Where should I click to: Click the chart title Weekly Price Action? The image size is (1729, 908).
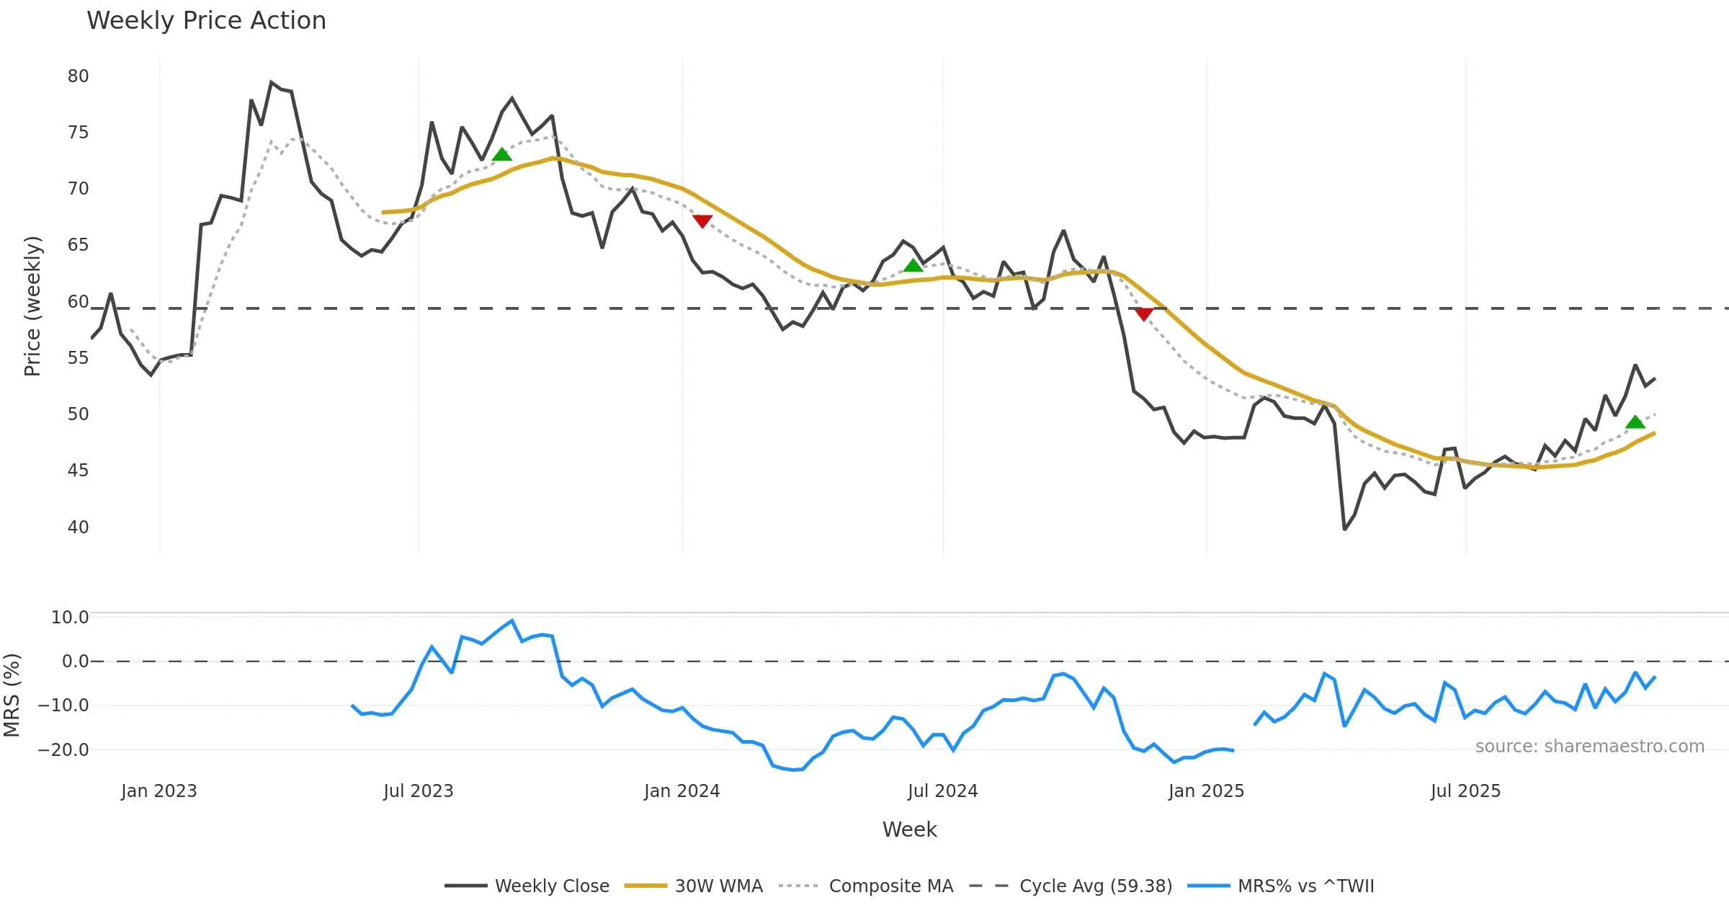pyautogui.click(x=206, y=21)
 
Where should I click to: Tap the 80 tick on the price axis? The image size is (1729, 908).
pyautogui.click(x=78, y=76)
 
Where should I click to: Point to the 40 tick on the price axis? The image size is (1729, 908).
pyautogui.click(x=78, y=528)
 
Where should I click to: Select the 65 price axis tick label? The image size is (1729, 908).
pyautogui.click(x=78, y=245)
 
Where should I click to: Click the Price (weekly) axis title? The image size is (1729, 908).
pyautogui.click(x=32, y=306)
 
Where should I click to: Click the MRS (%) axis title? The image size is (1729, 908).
pyautogui.click(x=12, y=695)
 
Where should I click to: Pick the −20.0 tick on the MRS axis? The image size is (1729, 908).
pyautogui.click(x=63, y=750)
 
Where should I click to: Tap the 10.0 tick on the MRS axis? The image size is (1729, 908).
pyautogui.click(x=70, y=618)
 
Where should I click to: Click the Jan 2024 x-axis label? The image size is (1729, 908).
pyautogui.click(x=682, y=791)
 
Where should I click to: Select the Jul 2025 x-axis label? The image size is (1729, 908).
pyautogui.click(x=1465, y=791)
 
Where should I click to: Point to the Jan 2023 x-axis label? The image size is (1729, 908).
pyautogui.click(x=158, y=791)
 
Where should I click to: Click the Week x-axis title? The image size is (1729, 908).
pyautogui.click(x=909, y=830)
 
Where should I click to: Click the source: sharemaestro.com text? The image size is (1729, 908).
pyautogui.click(x=1589, y=747)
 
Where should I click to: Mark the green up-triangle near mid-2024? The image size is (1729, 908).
pyautogui.click(x=913, y=266)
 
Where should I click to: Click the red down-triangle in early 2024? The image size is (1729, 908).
pyautogui.click(x=702, y=221)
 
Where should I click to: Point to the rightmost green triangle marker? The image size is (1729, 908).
pyautogui.click(x=1635, y=422)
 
